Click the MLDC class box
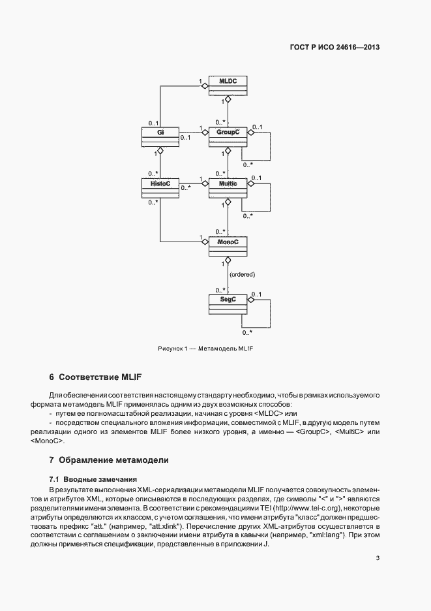click(227, 85)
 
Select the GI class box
click(160, 136)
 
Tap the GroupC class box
click(227, 136)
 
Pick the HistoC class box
click(160, 189)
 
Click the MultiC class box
click(227, 189)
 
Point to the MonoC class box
click(227, 246)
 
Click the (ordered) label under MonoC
click(243, 274)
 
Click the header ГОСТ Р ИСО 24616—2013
click(334, 47)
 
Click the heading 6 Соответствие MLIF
click(95, 377)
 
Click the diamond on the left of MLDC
click(205, 86)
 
